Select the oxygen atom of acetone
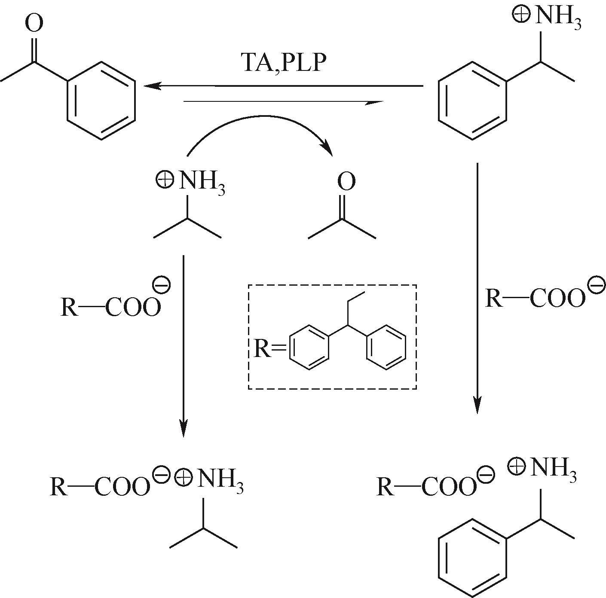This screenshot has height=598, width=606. tap(346, 181)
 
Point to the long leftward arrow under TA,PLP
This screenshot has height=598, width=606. tap(283, 85)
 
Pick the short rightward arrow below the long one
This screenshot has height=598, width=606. tap(283, 102)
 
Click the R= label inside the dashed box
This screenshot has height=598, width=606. tap(269, 349)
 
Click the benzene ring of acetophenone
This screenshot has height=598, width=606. tap(101, 100)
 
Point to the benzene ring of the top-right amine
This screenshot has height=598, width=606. tap(473, 100)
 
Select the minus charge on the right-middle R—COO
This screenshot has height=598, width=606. tap(596, 286)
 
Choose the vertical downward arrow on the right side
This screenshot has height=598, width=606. tap(477, 288)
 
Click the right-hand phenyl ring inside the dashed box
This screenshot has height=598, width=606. tap(386, 349)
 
